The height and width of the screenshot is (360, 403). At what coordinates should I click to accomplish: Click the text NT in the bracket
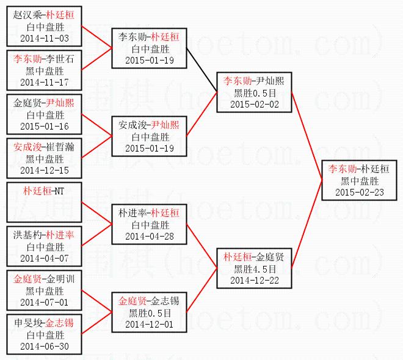coord(59,191)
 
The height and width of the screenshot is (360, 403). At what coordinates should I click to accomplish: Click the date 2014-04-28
coord(150,236)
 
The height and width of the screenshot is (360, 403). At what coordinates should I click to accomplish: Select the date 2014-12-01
coord(150,325)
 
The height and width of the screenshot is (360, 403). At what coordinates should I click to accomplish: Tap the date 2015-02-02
coord(256,104)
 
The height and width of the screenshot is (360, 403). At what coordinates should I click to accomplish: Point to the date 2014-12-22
coord(256,280)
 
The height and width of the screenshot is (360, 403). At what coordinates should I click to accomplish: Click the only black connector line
coord(203,70)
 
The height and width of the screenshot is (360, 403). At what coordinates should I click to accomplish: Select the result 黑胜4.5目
coord(256,268)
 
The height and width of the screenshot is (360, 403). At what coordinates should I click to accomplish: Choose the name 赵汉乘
coord(25,15)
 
